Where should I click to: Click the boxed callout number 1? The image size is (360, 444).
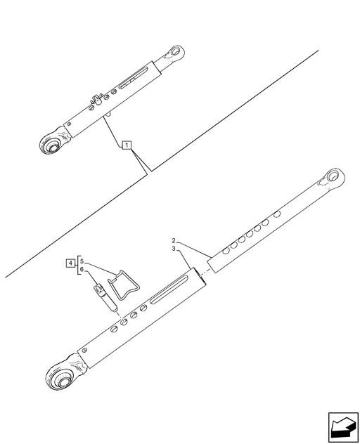pyautogui.click(x=127, y=145)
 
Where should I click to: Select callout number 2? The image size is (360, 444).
pyautogui.click(x=174, y=241)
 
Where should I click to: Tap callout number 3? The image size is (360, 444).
pyautogui.click(x=174, y=249)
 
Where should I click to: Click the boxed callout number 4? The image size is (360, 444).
pyautogui.click(x=70, y=263)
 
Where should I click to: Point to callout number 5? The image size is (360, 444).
pyautogui.click(x=82, y=261)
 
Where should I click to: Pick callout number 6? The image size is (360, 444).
pyautogui.click(x=82, y=269)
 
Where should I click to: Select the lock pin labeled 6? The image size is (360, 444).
pyautogui.click(x=105, y=299)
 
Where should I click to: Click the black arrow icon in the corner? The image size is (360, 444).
pyautogui.click(x=343, y=427)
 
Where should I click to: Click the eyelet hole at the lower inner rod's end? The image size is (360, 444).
pyautogui.click(x=333, y=176)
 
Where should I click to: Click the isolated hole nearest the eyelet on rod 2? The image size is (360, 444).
pyautogui.click(x=277, y=214)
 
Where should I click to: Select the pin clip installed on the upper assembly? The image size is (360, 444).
pyautogui.click(x=96, y=100)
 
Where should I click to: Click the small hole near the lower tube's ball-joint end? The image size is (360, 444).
pyautogui.click(x=84, y=351)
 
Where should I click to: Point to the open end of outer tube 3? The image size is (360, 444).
pyautogui.click(x=200, y=277)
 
